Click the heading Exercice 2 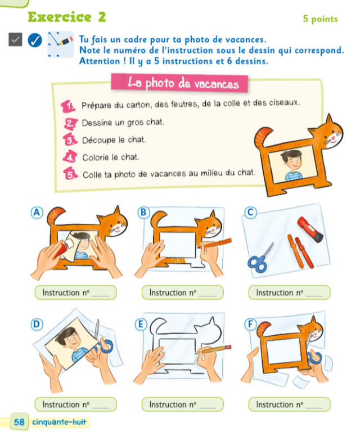tap(67, 17)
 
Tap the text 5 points tap(320, 19)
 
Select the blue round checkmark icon tap(35, 40)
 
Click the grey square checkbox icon tap(15, 39)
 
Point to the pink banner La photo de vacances tap(179, 82)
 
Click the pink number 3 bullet tap(70, 139)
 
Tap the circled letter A tap(37, 213)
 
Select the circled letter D tap(37, 324)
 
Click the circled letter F tap(251, 324)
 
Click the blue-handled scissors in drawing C tap(260, 259)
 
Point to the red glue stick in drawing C tap(310, 229)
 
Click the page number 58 tap(19, 422)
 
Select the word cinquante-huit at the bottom tap(59, 422)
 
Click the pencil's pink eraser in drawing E tap(228, 347)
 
